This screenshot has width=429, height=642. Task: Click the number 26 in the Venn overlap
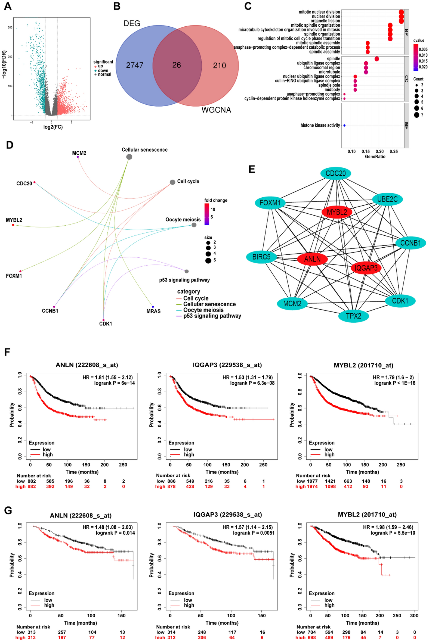pyautogui.click(x=177, y=65)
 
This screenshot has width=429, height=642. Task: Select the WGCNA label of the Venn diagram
pyautogui.click(x=216, y=110)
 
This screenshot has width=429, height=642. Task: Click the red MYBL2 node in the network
pyautogui.click(x=337, y=212)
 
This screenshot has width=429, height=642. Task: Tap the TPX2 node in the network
pyautogui.click(x=353, y=316)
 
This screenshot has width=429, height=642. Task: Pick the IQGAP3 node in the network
pyautogui.click(x=366, y=268)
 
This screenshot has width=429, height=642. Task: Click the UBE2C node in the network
pyautogui.click(x=387, y=199)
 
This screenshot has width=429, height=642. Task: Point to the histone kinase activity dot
pyautogui.click(x=344, y=126)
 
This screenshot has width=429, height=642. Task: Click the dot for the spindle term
pyautogui.click(x=377, y=59)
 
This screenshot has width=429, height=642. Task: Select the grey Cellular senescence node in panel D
pyautogui.click(x=129, y=157)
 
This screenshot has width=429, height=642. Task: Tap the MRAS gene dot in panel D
pyautogui.click(x=153, y=307)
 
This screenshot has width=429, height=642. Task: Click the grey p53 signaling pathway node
pyautogui.click(x=187, y=271)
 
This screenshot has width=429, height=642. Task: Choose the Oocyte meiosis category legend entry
pyautogui.click(x=203, y=310)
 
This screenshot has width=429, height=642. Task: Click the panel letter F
pyautogui.click(x=7, y=352)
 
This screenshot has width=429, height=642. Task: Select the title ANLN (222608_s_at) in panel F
pyautogui.click(x=87, y=365)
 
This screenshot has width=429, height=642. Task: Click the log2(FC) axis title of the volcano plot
pyautogui.click(x=53, y=127)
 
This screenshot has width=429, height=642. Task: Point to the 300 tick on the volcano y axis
pyautogui.click(x=10, y=28)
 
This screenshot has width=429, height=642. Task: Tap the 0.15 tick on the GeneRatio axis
pyautogui.click(x=366, y=151)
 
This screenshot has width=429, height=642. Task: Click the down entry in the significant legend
pyautogui.click(x=103, y=70)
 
